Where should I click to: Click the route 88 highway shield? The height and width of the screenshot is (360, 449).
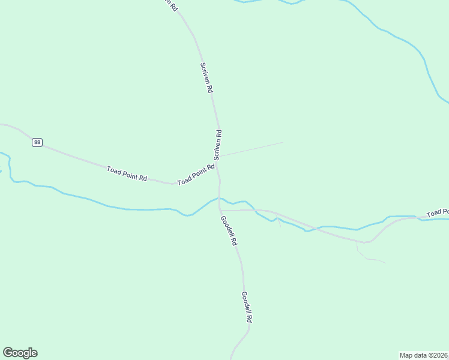(37, 142)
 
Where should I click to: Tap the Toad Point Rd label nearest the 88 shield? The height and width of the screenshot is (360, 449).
(127, 174)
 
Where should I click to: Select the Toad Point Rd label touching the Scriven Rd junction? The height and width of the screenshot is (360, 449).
(196, 174)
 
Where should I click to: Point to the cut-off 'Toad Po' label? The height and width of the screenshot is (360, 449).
(438, 212)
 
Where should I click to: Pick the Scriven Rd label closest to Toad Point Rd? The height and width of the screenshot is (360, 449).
(218, 145)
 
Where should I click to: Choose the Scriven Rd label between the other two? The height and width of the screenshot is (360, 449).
(206, 77)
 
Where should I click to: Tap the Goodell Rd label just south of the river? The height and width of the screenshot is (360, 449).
(229, 231)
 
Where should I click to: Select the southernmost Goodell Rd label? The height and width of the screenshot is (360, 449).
(246, 307)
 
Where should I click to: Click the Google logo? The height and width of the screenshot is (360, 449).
(20, 353)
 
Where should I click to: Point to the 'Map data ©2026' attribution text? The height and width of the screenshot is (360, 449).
(424, 355)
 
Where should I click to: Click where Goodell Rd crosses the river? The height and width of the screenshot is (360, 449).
(219, 199)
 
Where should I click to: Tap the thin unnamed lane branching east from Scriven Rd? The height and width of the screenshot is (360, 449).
(252, 149)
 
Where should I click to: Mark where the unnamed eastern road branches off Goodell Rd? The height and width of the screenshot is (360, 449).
(220, 210)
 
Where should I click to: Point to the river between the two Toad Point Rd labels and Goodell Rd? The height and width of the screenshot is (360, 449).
(144, 209)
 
